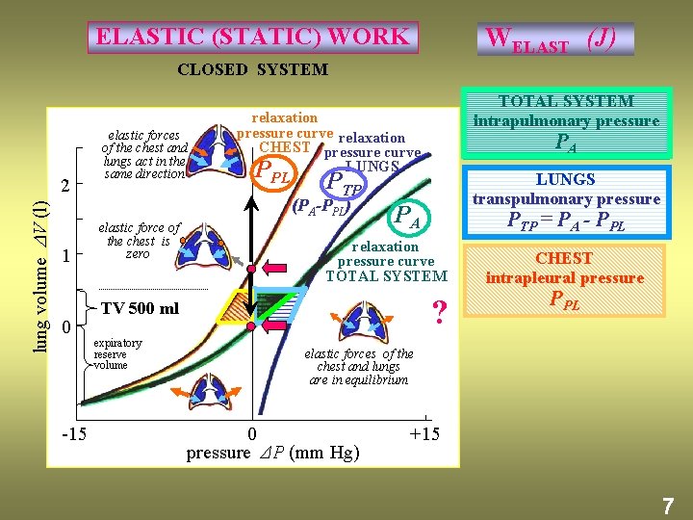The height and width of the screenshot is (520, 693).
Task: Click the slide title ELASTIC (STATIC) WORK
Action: [x=252, y=38]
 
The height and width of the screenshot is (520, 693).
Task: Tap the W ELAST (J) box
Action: [x=554, y=39]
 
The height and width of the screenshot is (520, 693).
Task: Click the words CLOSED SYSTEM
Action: [x=252, y=69]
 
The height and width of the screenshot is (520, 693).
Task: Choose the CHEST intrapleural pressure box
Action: [x=565, y=279]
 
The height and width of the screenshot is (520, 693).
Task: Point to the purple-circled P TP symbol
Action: [x=343, y=181]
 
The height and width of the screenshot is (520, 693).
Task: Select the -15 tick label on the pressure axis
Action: [x=74, y=434]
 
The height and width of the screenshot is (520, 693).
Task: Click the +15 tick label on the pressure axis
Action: [x=424, y=434]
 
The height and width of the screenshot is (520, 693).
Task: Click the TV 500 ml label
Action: [x=140, y=308]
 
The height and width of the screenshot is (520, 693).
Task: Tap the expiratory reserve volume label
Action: [x=118, y=353]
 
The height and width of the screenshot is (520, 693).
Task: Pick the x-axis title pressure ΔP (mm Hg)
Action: [x=272, y=453]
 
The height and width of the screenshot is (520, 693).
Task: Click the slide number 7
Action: [x=666, y=503]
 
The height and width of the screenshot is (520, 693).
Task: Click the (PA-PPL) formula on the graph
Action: [x=321, y=205]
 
